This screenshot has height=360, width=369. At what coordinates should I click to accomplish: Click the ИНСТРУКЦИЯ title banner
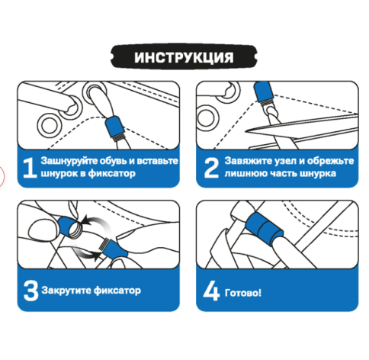[184, 56]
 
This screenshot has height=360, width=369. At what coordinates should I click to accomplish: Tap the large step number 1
[30, 167]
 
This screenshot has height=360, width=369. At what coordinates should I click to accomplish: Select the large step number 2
[211, 167]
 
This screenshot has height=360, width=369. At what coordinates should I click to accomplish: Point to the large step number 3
[30, 291]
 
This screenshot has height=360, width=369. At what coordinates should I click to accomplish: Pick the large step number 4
[211, 291]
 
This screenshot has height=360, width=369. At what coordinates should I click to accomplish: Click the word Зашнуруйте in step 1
[69, 161]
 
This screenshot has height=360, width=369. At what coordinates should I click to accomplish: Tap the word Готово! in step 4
[243, 293]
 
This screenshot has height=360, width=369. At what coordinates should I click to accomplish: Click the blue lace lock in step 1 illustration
[115, 127]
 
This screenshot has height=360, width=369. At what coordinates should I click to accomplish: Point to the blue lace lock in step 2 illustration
[264, 92]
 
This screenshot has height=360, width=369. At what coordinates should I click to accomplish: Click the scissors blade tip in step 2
[245, 131]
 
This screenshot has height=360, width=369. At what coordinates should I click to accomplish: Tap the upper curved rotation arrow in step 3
[97, 221]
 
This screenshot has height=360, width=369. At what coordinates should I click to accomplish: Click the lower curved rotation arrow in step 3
[85, 254]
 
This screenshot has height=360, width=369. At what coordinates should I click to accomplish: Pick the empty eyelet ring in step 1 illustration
[49, 126]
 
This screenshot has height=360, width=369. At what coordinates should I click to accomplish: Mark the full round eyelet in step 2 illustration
[208, 118]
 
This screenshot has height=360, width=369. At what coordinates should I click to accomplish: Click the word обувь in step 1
[113, 161]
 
